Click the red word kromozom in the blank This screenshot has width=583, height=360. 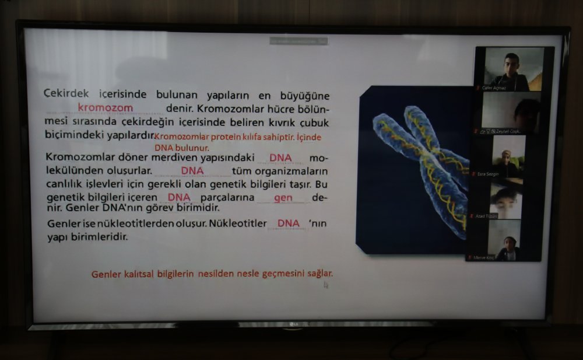tap(106, 108)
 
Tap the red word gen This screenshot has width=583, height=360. tap(283, 197)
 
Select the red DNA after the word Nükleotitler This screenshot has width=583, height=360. tap(289, 223)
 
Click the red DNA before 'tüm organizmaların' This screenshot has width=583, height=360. tap(192, 170)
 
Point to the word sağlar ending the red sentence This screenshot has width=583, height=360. tap(320, 273)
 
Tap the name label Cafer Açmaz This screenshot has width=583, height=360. tap(494, 88)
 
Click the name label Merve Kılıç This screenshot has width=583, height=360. tap(484, 257)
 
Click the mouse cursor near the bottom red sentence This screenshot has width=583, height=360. tap(326, 285)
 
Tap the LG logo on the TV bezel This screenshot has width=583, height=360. tap(289, 325)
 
